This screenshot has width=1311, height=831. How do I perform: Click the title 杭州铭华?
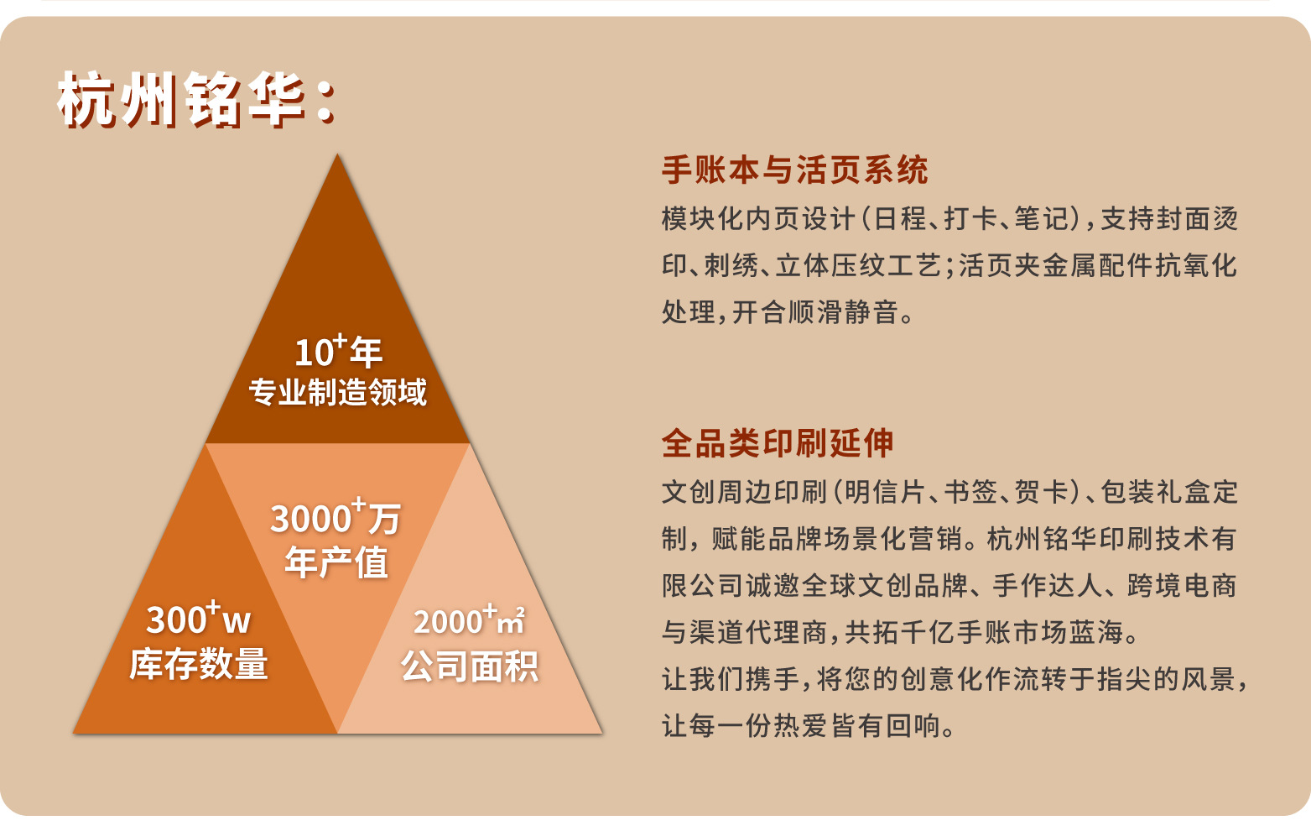[x=181, y=100]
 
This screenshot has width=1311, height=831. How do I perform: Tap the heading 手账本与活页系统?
[x=794, y=170]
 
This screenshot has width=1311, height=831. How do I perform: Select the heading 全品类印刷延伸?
[x=778, y=442]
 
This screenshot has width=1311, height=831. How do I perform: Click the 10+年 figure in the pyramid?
[x=338, y=352]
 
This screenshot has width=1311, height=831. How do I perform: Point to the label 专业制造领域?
[x=338, y=392]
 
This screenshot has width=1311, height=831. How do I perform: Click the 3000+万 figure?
[x=336, y=516]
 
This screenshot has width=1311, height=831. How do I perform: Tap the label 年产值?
[x=336, y=562]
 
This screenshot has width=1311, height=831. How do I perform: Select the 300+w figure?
[x=199, y=619]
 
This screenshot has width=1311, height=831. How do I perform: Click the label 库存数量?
[x=199, y=663]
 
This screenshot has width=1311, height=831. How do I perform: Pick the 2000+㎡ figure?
[x=470, y=620]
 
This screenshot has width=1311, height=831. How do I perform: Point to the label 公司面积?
[x=470, y=666]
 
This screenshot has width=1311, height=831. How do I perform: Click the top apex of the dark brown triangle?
[x=337, y=154]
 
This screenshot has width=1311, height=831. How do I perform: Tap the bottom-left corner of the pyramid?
[x=73, y=733]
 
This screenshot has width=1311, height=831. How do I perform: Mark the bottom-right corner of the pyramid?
[x=601, y=733]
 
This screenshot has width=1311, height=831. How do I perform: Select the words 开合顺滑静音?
[x=815, y=312]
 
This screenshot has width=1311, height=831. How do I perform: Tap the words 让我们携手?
[x=731, y=679]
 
